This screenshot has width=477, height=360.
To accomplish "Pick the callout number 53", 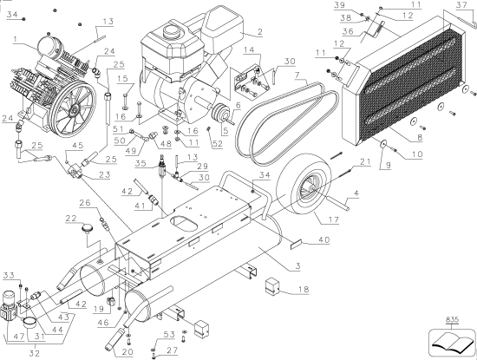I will click(x=170, y=333).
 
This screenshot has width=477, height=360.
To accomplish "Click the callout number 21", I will click(x=365, y=162).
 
